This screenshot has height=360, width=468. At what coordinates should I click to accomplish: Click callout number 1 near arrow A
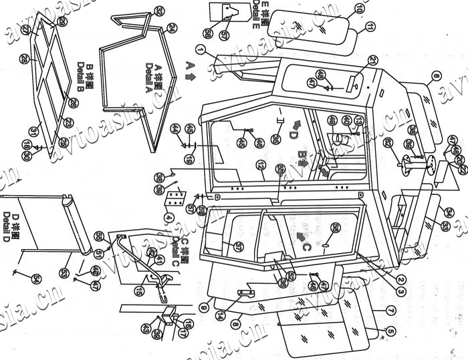pyautogui.click(x=199, y=50)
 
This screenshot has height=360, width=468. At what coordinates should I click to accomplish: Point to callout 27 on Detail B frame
pyautogui.click(x=25, y=31)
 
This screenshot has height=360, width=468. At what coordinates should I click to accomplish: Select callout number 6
pyautogui.click(x=436, y=77)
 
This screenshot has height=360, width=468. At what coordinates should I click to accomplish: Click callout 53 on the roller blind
pyautogui.click(x=64, y=272)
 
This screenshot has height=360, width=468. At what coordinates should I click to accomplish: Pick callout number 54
pyautogui.click(x=36, y=279)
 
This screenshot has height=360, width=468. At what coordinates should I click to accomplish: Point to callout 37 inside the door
pyautogui.click(x=237, y=246)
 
